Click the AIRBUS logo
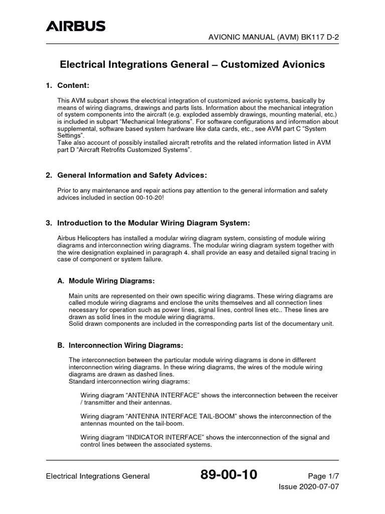point(76,26)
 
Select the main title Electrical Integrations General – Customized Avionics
point(192,65)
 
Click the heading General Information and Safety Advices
point(132,175)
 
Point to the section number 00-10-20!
point(154,197)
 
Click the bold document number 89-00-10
point(229,475)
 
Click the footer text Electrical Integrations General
point(98,476)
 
